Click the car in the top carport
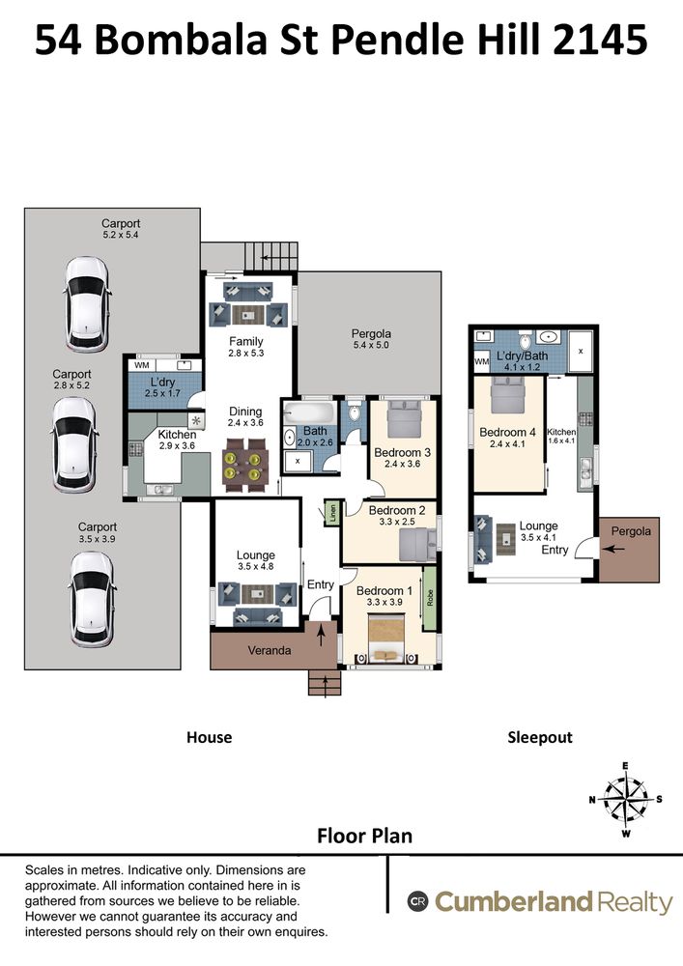[x=88, y=304]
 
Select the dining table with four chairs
[x=246, y=465]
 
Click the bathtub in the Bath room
[x=310, y=412]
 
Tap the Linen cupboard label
[x=332, y=513]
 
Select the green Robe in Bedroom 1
[x=430, y=598]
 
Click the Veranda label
[x=270, y=650]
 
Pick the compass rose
[x=625, y=800]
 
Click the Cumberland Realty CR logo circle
[x=417, y=902]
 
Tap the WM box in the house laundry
[x=142, y=365]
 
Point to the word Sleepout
[x=540, y=737]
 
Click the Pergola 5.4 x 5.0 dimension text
[x=371, y=345]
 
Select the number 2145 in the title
[x=601, y=40]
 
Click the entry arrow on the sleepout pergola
[x=616, y=549]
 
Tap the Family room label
[x=245, y=341]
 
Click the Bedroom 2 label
[x=397, y=510]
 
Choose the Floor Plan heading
[x=364, y=836]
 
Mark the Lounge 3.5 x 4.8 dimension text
[x=256, y=567]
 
